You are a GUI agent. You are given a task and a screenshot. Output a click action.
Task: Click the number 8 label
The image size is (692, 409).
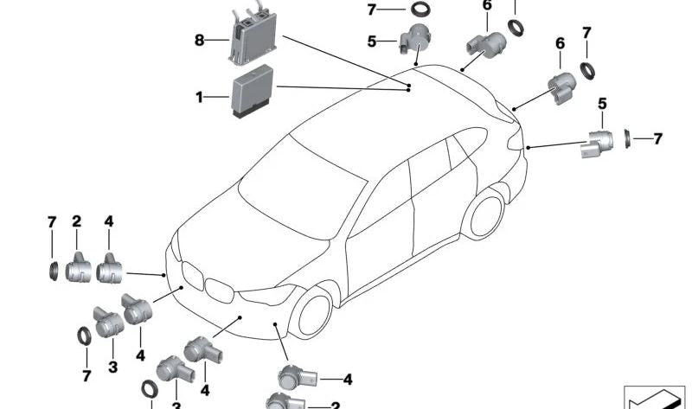[x=199, y=41]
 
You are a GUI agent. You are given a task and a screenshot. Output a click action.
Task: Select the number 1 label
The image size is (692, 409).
[x=199, y=97]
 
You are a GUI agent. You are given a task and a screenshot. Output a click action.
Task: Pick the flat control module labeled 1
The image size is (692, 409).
[x=252, y=91]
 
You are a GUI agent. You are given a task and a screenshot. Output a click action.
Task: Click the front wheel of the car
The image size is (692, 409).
[x=314, y=314]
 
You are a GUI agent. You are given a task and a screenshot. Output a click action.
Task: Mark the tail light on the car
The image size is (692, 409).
[x=515, y=139]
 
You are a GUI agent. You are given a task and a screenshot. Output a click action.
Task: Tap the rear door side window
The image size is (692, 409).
[x=429, y=164]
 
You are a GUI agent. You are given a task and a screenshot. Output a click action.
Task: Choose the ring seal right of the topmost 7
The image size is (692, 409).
[x=420, y=9]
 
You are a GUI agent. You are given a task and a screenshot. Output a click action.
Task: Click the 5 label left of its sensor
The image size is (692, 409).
[x=371, y=42]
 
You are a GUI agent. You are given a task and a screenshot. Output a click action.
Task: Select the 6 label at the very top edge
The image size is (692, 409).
[x=487, y=5]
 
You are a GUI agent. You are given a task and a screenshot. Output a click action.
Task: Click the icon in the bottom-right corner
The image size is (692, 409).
[x=654, y=398]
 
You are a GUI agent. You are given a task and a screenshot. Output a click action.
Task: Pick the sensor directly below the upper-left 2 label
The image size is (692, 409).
[x=78, y=268]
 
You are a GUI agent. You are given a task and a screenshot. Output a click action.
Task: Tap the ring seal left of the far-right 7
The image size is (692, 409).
[x=627, y=138]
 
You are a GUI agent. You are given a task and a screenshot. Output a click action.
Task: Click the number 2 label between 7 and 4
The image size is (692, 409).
[x=77, y=221]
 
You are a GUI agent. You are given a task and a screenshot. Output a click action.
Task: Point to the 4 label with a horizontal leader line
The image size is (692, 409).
[x=348, y=380]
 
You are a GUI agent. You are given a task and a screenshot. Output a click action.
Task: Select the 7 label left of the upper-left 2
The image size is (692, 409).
[x=52, y=222]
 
